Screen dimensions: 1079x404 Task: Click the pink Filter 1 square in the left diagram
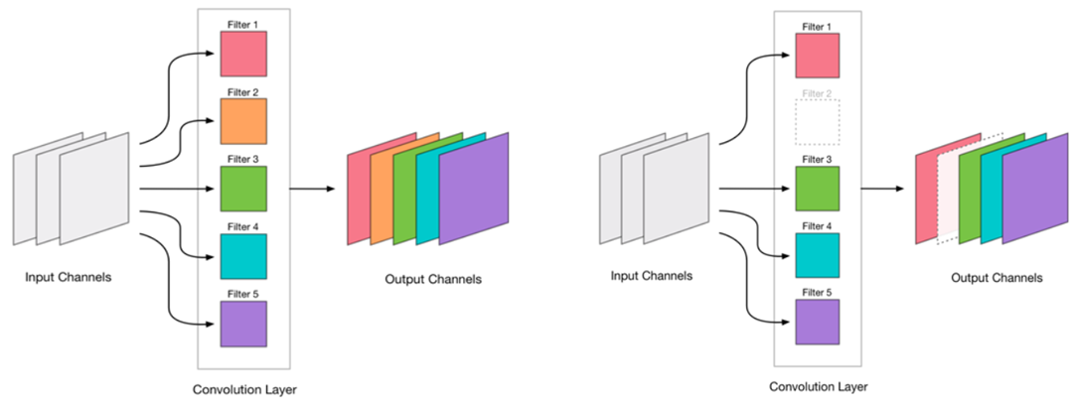coord(244,54)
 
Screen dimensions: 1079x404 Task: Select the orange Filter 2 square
coord(244,121)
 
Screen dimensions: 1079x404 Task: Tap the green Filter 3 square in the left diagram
coord(244,188)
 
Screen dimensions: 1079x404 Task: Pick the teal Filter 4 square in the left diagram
coord(244,255)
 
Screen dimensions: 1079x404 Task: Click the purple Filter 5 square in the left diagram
coord(244,323)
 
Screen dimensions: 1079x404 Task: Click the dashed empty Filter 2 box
coord(818,121)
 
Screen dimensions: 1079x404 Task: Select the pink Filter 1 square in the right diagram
coord(818,54)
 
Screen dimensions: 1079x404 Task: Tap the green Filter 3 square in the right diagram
coord(818,188)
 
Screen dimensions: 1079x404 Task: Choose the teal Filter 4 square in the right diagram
coord(818,255)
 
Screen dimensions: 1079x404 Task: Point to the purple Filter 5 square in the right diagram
coord(818,323)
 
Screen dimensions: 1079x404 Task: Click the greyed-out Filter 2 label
coord(818,94)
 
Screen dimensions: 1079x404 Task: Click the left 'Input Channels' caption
coord(69,277)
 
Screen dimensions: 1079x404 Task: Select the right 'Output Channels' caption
coord(996,278)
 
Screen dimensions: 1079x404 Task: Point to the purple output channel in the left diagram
coord(476,189)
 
